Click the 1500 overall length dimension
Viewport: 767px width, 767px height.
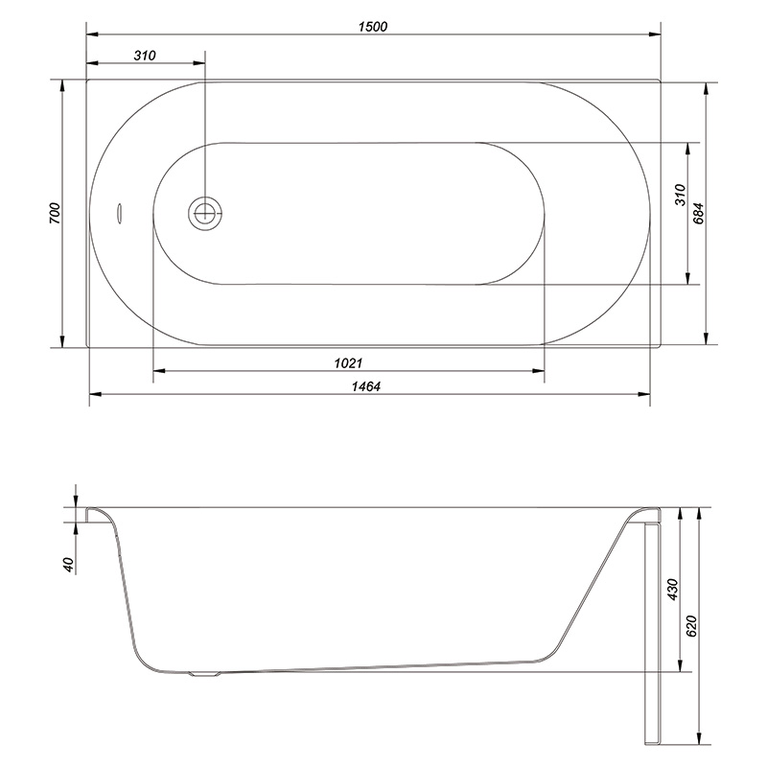(373, 27)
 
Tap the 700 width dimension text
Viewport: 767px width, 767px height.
(55, 213)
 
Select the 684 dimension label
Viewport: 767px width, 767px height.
(699, 213)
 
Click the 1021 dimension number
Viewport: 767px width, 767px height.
(348, 363)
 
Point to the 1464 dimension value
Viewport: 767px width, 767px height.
(366, 386)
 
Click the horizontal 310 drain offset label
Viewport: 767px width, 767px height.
(145, 56)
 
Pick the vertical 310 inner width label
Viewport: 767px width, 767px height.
(681, 195)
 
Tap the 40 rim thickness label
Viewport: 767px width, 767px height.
(68, 565)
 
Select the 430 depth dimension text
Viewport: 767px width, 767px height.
(673, 590)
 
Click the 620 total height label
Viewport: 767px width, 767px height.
(691, 626)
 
